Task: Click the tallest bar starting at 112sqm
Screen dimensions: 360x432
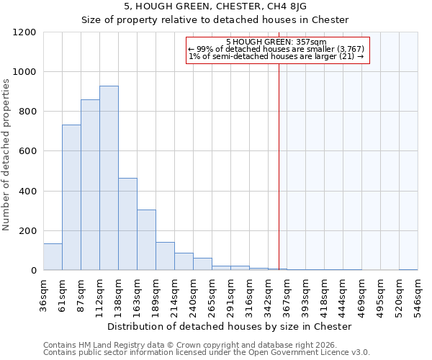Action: (109, 178)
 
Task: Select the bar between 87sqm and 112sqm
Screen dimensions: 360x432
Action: (90, 185)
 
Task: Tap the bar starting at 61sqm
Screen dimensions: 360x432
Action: (71, 197)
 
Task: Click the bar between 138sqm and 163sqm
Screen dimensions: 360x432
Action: (127, 224)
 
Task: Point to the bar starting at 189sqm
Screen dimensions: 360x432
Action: (165, 256)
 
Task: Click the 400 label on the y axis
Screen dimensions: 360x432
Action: (27, 192)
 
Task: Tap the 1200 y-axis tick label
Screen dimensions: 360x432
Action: (24, 32)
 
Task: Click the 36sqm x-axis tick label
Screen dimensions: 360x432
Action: (43, 294)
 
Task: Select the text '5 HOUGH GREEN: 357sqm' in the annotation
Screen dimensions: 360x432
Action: (276, 42)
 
